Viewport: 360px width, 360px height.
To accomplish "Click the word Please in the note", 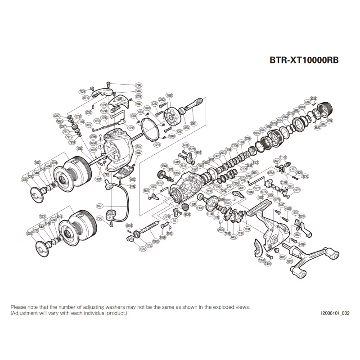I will [18, 306].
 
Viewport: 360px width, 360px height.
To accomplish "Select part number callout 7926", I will [82, 91].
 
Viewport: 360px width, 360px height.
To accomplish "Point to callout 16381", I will [169, 96].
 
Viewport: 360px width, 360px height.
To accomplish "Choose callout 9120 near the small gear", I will [188, 215].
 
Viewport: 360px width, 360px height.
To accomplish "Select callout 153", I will [256, 162].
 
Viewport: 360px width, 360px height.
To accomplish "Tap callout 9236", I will [306, 177].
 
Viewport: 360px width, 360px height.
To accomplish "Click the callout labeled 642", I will [234, 237].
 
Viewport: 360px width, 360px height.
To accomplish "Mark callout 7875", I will [283, 256].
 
